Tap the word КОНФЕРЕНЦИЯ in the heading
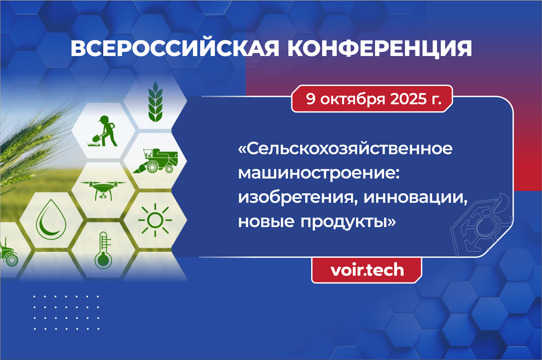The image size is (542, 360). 380,49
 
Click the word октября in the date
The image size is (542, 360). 353,100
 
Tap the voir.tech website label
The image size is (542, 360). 367,270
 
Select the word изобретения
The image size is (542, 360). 298,197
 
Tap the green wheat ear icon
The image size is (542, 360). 155,102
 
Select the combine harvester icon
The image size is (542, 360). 156,161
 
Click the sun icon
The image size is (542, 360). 155,220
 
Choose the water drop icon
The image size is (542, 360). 51,219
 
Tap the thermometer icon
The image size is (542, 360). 103,251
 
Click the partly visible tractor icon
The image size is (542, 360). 9,253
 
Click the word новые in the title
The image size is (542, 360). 266,222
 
